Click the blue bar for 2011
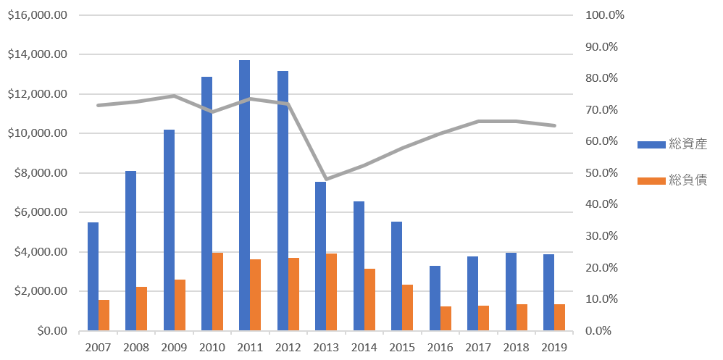click(x=245, y=196)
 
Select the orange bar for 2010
click(x=218, y=292)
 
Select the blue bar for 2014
click(x=359, y=266)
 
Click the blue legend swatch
click(x=651, y=145)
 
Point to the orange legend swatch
click(x=651, y=180)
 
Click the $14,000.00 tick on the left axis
click(x=37, y=54)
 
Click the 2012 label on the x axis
click(x=288, y=347)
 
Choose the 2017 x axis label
click(x=477, y=347)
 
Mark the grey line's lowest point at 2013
click(x=326, y=179)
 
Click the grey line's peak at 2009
click(x=174, y=96)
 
